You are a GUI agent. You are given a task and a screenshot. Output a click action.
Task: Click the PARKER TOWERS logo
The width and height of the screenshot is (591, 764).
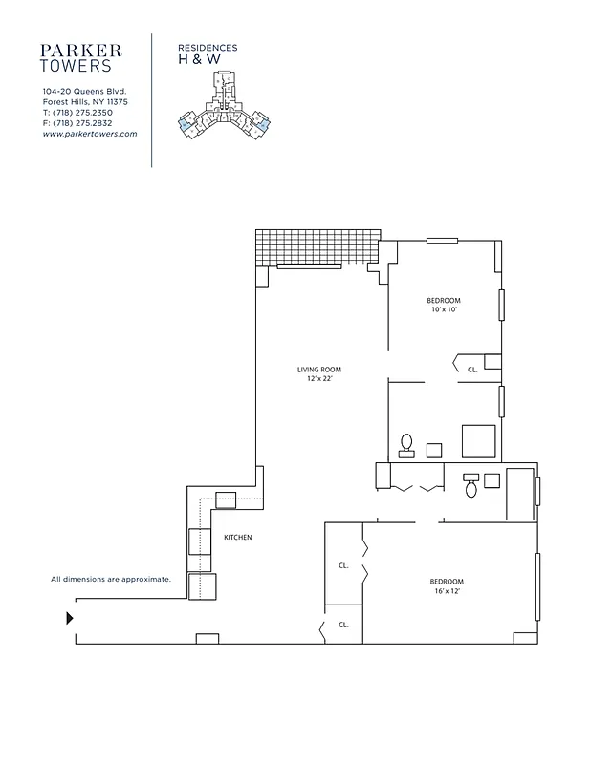[81, 57]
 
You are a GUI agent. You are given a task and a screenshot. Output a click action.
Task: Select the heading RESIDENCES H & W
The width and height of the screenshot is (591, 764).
[208, 53]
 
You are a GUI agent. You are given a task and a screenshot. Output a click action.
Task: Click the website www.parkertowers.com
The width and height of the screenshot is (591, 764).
[90, 134]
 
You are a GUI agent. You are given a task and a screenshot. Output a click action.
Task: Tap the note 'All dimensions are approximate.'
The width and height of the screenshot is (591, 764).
[111, 579]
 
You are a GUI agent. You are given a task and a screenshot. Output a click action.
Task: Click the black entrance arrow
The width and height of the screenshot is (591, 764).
[69, 619]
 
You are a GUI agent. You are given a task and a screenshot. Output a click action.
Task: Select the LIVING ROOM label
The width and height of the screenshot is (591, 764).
[318, 370]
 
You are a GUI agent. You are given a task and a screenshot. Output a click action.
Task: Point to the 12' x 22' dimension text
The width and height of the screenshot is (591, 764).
[318, 379]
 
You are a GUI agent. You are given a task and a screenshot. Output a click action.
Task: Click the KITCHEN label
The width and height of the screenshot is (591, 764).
[238, 538]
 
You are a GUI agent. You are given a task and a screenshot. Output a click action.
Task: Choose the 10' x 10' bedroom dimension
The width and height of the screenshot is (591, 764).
[445, 309]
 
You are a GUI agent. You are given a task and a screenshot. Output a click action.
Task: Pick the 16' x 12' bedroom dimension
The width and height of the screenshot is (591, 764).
[447, 591]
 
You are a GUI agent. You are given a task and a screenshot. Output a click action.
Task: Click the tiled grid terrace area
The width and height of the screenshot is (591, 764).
[317, 247]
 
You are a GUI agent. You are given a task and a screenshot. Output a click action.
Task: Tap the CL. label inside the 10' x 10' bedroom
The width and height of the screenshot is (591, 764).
[472, 369]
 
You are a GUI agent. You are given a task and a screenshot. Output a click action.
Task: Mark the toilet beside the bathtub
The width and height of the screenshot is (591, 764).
[471, 487]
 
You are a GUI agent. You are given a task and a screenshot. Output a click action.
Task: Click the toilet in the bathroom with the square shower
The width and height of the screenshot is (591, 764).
[406, 444]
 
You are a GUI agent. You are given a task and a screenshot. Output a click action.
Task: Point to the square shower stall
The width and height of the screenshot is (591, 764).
[478, 441]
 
